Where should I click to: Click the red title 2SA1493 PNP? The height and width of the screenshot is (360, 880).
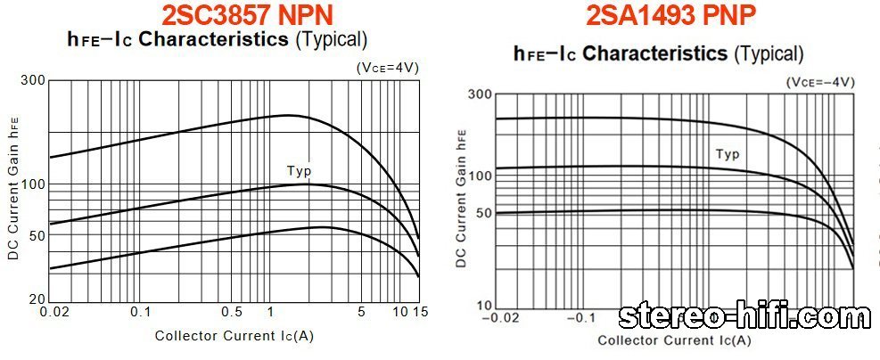pyautogui.click(x=672, y=14)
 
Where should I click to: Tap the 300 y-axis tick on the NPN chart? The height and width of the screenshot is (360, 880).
pyautogui.click(x=33, y=81)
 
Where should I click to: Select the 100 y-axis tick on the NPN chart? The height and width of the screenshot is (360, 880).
pyautogui.click(x=33, y=184)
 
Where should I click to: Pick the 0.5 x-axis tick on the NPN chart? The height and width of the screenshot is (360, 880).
pyautogui.click(x=231, y=312)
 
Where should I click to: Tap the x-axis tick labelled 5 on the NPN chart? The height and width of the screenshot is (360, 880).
pyautogui.click(x=361, y=312)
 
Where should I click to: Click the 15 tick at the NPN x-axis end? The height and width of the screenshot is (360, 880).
pyautogui.click(x=422, y=312)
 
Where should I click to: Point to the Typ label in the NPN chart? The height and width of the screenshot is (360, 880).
pyautogui.click(x=299, y=171)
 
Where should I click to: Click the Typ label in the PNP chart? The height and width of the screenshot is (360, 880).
pyautogui.click(x=728, y=154)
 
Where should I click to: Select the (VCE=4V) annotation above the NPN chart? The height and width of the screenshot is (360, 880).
pyautogui.click(x=387, y=67)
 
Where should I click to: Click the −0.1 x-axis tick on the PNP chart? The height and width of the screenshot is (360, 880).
pyautogui.click(x=580, y=317)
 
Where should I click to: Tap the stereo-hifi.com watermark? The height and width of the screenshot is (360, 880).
pyautogui.click(x=746, y=315)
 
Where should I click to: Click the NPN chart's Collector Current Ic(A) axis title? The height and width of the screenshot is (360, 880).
pyautogui.click(x=234, y=336)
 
